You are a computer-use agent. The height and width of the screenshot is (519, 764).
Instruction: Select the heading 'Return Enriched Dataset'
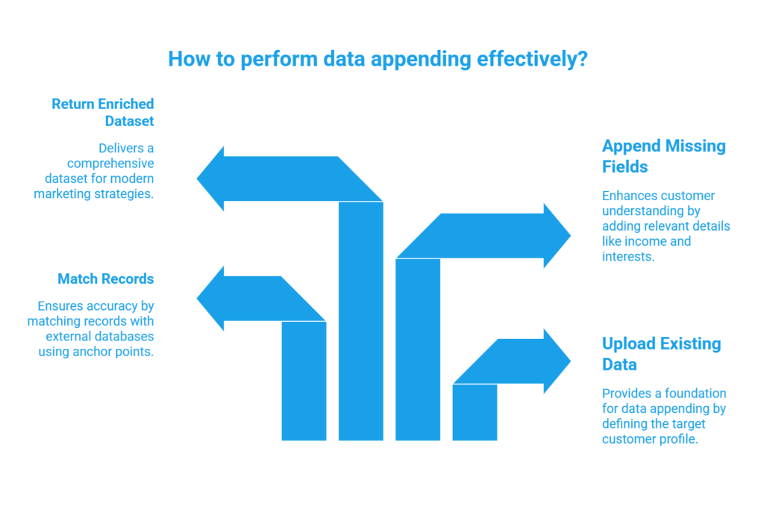(x=102, y=111)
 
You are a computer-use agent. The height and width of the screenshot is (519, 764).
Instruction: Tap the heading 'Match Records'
(x=105, y=279)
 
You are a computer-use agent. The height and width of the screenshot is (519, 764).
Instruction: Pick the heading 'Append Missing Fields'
(x=663, y=155)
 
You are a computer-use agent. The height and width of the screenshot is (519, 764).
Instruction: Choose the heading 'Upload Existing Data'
(x=661, y=353)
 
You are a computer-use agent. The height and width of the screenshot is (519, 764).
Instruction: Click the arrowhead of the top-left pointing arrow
(x=210, y=178)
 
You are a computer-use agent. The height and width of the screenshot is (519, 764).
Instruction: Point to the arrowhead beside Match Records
(x=210, y=299)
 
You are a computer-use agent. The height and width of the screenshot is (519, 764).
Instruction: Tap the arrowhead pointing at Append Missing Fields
(x=557, y=235)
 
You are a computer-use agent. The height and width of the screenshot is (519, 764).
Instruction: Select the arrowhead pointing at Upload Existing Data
(x=557, y=361)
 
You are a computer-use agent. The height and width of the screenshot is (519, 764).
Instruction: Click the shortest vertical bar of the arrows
(x=475, y=412)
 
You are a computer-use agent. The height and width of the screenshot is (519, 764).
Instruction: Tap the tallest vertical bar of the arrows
(x=361, y=321)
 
